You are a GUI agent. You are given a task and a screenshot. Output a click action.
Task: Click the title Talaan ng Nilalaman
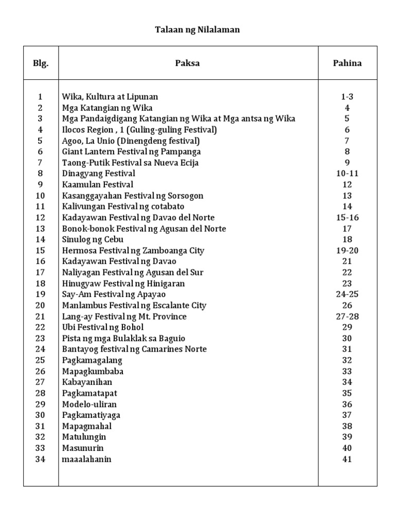point(197,30)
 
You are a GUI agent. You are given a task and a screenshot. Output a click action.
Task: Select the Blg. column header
point(41,63)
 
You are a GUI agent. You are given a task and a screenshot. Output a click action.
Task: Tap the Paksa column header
point(187,63)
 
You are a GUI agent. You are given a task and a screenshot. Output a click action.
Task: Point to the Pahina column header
point(347,63)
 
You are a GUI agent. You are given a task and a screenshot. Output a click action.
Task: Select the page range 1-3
point(347,97)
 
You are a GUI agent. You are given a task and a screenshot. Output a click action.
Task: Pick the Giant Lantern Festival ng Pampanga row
point(131,152)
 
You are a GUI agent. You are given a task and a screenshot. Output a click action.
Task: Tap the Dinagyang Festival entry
point(99,174)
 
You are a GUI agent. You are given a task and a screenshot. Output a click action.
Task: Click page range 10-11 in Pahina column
point(347,174)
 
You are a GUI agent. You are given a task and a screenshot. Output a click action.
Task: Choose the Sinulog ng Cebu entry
point(93,240)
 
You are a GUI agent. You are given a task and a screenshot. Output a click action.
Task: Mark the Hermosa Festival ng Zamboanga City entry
point(133,251)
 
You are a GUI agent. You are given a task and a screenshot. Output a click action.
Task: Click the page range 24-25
point(347,294)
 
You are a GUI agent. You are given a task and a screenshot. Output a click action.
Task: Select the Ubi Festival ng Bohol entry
point(103,327)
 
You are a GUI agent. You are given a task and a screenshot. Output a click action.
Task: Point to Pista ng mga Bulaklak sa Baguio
point(123,339)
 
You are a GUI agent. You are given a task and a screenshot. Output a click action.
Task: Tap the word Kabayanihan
point(87,382)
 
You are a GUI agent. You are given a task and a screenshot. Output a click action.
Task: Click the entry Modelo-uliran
point(87,405)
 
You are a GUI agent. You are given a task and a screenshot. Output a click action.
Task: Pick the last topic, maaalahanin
point(86,459)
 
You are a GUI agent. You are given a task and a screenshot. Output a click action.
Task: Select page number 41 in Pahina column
point(347,459)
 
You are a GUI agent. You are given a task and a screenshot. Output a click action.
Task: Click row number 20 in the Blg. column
point(41,306)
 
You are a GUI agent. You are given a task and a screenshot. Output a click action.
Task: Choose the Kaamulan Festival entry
point(98,185)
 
